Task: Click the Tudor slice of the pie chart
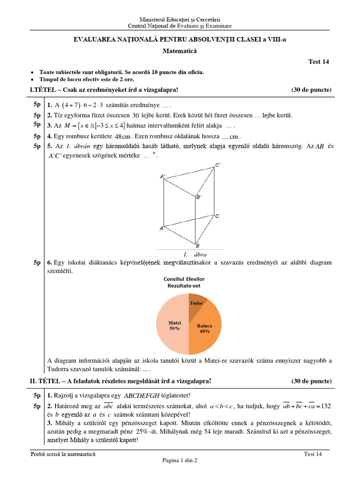(195, 305)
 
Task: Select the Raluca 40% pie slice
(204, 328)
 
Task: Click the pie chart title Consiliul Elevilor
(184, 279)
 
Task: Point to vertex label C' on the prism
(218, 165)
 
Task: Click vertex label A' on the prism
(162, 176)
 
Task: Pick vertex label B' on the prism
(199, 197)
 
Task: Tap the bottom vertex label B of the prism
(197, 246)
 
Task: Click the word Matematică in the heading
(180, 50)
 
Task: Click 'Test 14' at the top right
(318, 62)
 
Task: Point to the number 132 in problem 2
(324, 405)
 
